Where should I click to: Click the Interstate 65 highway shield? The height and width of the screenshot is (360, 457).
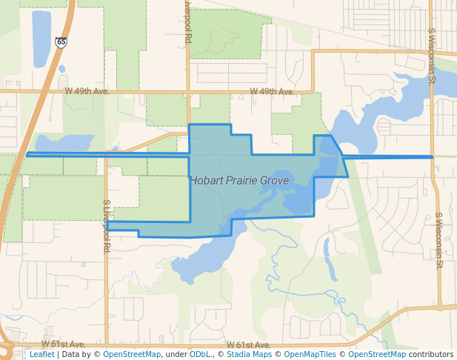tap(61, 43)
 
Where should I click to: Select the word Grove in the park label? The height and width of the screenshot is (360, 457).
tap(274, 180)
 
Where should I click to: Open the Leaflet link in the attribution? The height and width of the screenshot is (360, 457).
tap(41, 354)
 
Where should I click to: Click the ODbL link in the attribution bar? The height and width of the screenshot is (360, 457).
tap(199, 354)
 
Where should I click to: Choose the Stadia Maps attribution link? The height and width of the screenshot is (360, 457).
tap(249, 354)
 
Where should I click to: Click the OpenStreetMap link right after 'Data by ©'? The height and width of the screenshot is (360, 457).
tap(132, 354)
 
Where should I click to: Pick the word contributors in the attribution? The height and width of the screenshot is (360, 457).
tap(431, 354)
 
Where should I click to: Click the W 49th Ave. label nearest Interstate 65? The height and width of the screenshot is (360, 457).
tap(87, 91)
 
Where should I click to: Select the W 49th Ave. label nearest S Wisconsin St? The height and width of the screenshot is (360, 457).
tap(272, 91)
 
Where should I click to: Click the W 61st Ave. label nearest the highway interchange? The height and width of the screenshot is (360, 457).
tap(64, 344)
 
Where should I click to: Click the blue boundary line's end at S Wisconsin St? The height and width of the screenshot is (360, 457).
tap(432, 157)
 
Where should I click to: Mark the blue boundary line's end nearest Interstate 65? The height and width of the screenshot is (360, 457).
tap(27, 154)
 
